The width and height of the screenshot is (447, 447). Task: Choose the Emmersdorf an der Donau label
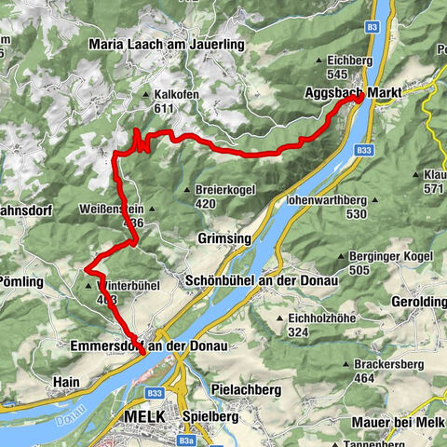coord(149,345)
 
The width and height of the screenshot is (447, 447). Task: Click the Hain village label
coord(67,382)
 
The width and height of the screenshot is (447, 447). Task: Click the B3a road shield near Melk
coord(188,440)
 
